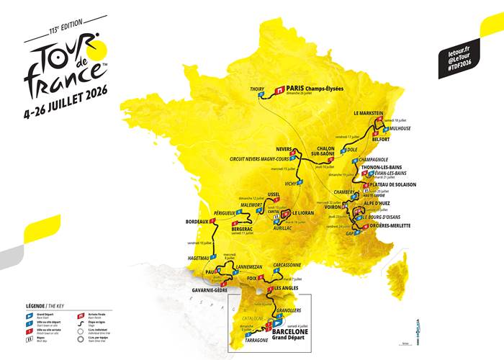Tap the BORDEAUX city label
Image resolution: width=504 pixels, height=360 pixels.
tap(197, 221)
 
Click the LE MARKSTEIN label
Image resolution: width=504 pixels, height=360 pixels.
tap(371, 114)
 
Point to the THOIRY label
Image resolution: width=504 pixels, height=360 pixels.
tap(257, 89)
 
